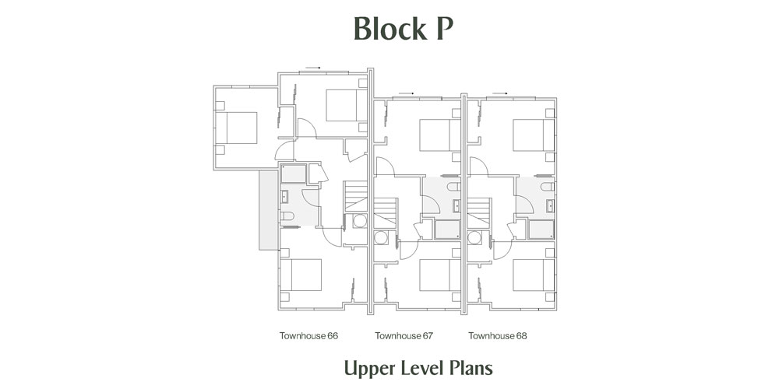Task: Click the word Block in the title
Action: [390, 30]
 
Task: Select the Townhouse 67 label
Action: [404, 336]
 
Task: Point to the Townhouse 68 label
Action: [497, 336]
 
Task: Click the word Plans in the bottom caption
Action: [471, 368]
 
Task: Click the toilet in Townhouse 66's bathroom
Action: [287, 216]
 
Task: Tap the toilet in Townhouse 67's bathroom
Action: [453, 187]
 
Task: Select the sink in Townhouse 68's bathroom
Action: [550, 205]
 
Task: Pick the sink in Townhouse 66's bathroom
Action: [284, 198]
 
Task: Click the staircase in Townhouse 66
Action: [356, 196]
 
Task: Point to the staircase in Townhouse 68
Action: [479, 213]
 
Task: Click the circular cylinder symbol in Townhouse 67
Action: [381, 237]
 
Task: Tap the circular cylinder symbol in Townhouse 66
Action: [360, 221]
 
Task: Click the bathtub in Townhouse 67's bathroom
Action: [447, 230]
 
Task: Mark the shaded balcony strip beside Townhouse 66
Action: [268, 210]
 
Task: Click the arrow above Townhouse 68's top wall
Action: [499, 93]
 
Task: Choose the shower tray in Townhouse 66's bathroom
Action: [294, 173]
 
